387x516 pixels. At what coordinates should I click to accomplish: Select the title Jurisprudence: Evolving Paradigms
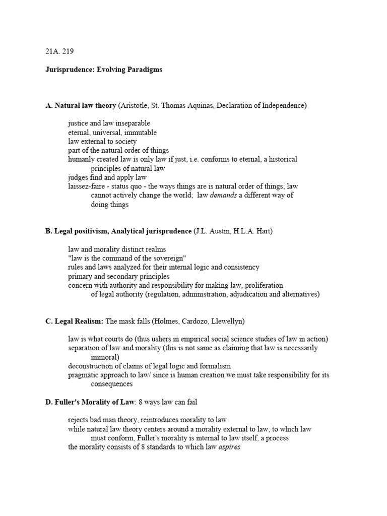(104, 70)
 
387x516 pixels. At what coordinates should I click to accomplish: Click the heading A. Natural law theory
(81, 105)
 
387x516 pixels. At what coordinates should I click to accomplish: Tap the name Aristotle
(135, 105)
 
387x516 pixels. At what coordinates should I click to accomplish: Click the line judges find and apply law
(107, 177)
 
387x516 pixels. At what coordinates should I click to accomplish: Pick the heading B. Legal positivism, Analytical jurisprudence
(118, 231)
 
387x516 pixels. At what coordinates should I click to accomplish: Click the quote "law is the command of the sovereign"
(127, 258)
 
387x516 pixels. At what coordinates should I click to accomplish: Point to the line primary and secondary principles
(119, 276)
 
